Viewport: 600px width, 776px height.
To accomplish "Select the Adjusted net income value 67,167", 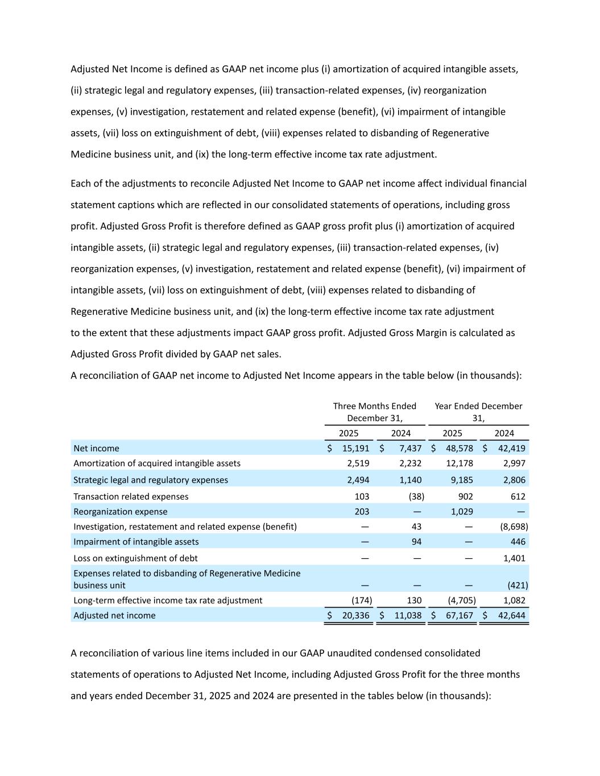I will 460,615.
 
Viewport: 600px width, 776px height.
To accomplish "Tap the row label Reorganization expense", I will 121,512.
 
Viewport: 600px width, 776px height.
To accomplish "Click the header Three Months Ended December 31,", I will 375,412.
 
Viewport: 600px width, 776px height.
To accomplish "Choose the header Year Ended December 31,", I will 478,412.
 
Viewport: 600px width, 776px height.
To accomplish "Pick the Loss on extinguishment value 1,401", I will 514,558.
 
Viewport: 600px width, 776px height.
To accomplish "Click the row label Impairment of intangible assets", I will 136,542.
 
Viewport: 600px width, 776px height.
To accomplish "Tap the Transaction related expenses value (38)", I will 416,496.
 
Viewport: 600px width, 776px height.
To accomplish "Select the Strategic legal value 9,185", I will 462,480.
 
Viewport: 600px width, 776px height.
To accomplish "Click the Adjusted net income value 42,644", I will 511,615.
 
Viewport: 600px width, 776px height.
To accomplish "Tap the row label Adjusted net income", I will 114,615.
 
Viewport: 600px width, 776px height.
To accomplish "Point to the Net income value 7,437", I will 410,449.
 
